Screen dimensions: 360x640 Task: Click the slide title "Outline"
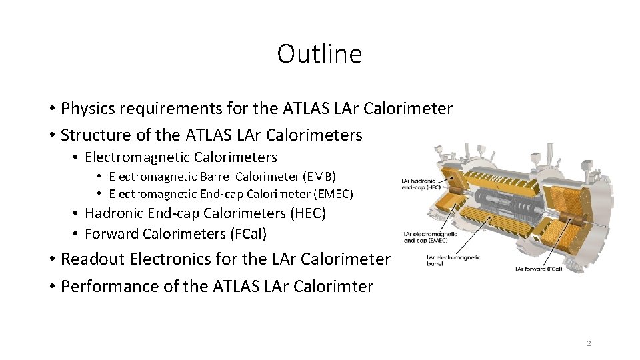tap(319, 54)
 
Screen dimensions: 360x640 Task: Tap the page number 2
tap(589, 343)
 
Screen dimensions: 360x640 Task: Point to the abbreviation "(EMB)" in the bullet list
tap(319, 177)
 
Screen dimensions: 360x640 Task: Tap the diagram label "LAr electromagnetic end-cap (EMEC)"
tap(428, 237)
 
